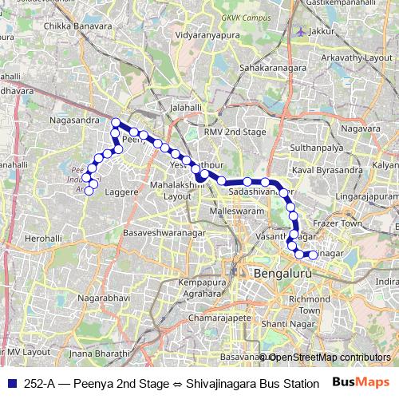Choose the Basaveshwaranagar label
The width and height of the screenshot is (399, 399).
tap(164, 232)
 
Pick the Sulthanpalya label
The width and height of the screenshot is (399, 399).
tap(316, 148)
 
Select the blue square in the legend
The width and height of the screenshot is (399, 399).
tap(9, 382)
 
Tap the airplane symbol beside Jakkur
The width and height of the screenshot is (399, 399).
tap(299, 31)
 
